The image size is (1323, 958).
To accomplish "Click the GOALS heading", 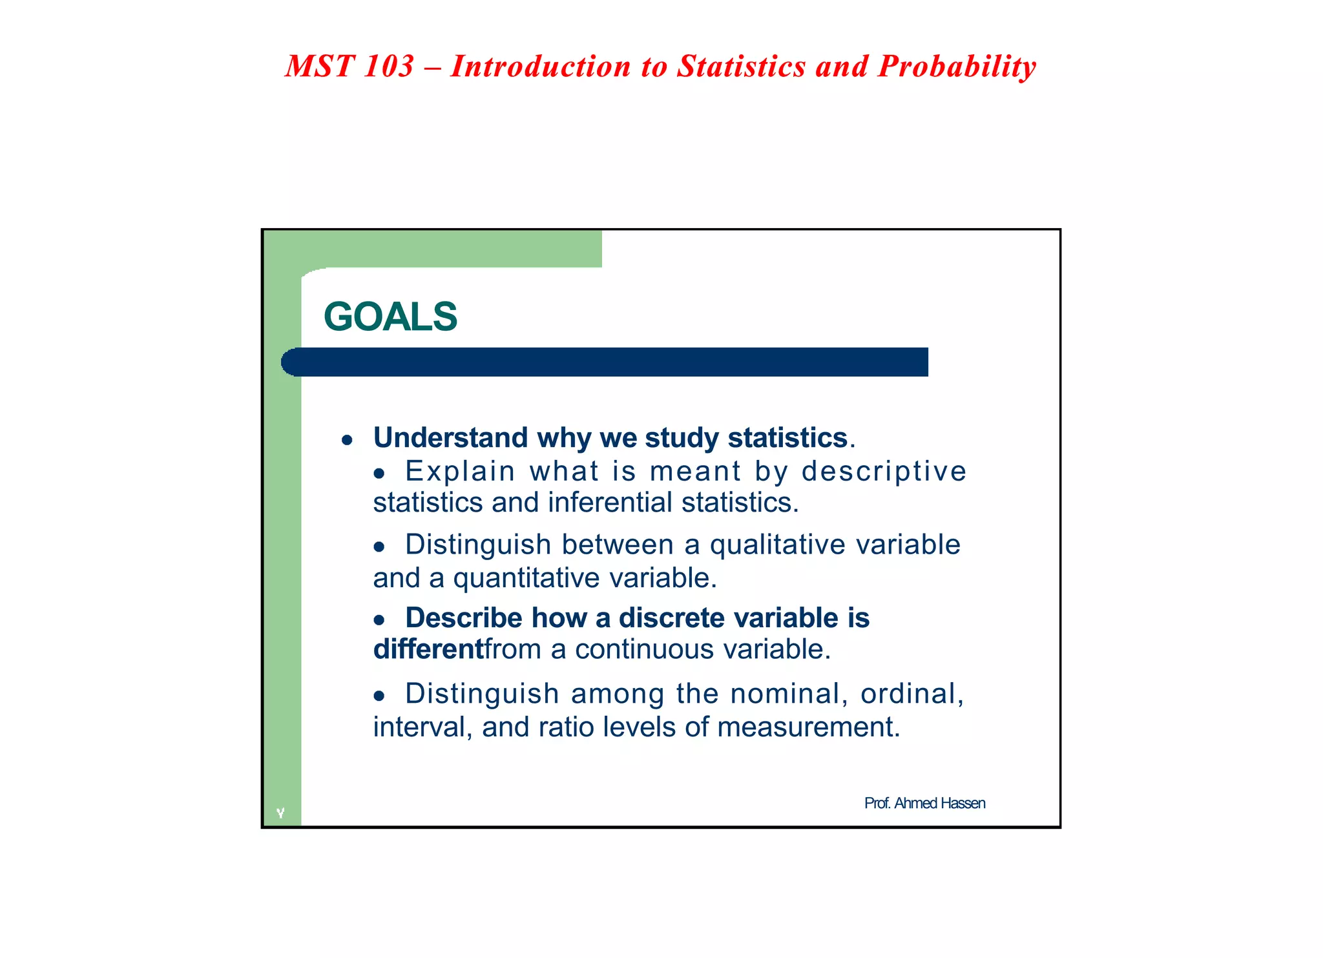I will (390, 317).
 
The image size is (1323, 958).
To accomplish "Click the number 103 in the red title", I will (388, 67).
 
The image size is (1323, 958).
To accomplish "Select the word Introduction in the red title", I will (540, 67).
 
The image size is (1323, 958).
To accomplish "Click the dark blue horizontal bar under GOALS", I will (605, 362).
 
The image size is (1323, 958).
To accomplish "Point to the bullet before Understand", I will (348, 441).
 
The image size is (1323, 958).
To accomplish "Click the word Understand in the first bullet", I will (450, 438).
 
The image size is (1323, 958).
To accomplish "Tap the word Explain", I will (460, 471).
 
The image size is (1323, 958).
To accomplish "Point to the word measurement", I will (807, 727).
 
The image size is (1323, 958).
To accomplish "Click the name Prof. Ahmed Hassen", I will (924, 803).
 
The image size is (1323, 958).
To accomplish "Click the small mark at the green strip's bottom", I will (280, 813).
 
